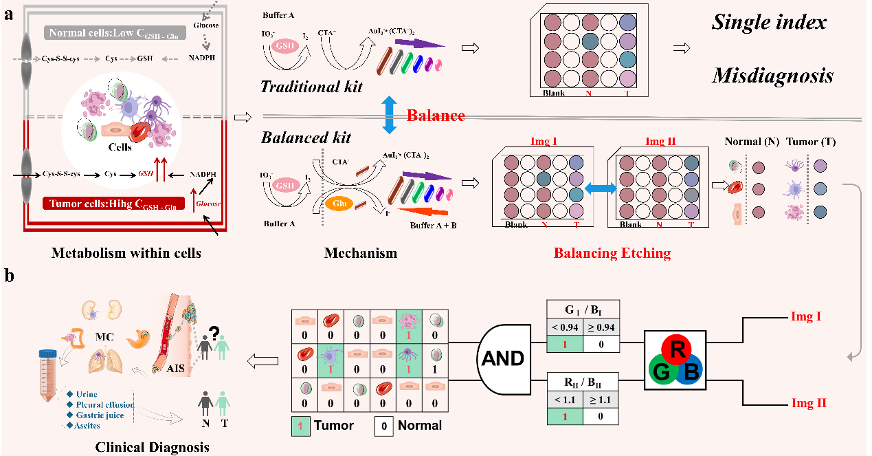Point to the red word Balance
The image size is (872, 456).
pyautogui.click(x=435, y=115)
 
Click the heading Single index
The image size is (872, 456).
pyautogui.click(x=768, y=22)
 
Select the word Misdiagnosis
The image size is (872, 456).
pyautogui.click(x=772, y=76)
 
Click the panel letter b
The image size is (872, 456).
pyautogui.click(x=8, y=276)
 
